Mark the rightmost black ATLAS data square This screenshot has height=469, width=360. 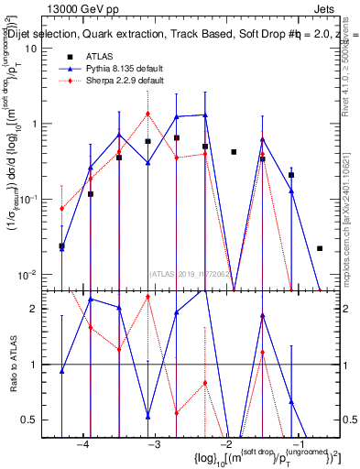click(320, 248)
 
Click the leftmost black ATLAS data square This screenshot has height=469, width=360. click(61, 246)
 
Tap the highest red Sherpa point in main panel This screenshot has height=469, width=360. click(147, 114)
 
